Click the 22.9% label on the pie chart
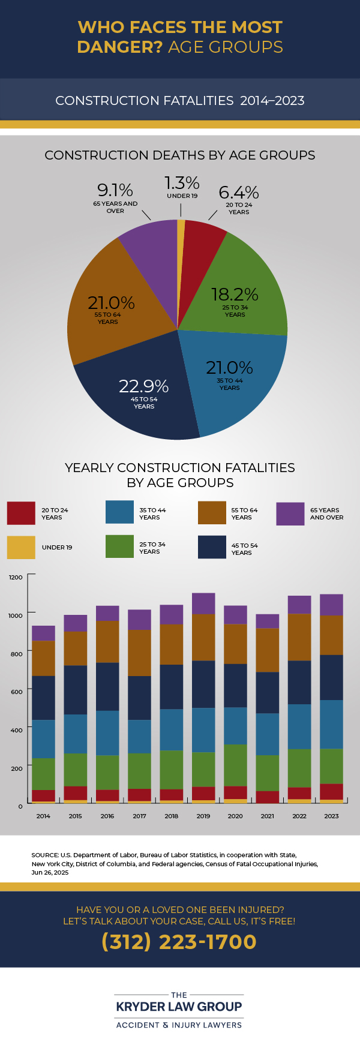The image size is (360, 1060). [x=143, y=386]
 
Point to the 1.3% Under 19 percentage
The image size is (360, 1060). [x=182, y=183]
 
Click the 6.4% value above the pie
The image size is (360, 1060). [x=239, y=193]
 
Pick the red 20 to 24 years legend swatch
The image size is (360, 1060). [x=21, y=514]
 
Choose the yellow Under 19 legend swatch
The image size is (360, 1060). [x=21, y=547]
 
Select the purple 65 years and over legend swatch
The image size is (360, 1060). [x=290, y=514]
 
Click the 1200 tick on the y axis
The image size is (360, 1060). [x=16, y=577]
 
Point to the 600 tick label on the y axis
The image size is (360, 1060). [x=16, y=692]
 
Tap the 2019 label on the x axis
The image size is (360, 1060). [x=203, y=816]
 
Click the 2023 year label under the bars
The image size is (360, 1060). [x=331, y=816]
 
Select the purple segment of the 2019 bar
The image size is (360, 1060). [x=203, y=603]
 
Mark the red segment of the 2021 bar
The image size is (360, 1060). [x=268, y=797]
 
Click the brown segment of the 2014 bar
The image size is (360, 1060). [x=43, y=658]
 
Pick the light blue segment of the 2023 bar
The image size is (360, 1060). [x=331, y=724]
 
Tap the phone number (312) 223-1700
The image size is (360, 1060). [x=179, y=942]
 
